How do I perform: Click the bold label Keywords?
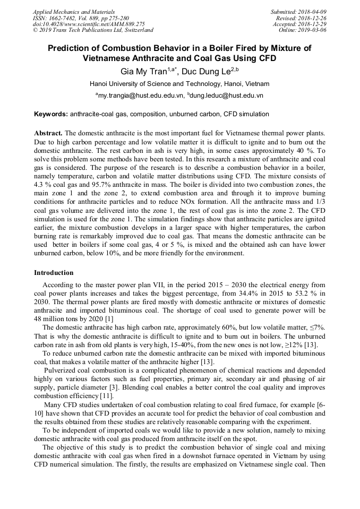pos(51,115)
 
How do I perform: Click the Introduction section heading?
pos(54,273)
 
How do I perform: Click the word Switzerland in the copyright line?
pos(135,30)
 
